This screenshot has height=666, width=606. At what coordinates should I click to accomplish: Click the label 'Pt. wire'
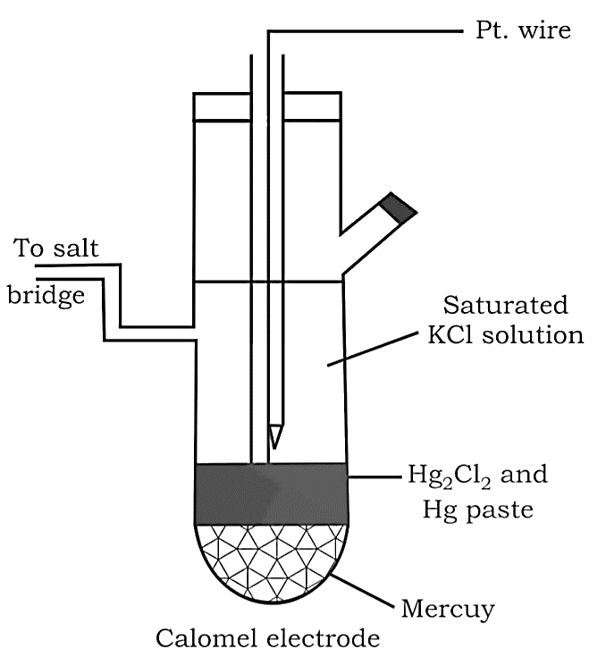tap(522, 31)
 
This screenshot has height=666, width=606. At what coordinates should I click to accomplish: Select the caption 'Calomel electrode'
tap(268, 639)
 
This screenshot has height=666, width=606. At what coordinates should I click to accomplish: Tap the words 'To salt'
tap(56, 249)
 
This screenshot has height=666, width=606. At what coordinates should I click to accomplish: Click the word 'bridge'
tap(46, 295)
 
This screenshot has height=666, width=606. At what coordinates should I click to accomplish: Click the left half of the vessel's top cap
tap(222, 106)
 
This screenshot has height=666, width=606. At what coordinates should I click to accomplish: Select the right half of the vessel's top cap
tap(312, 106)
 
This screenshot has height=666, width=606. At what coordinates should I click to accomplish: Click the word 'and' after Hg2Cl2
tap(526, 474)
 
